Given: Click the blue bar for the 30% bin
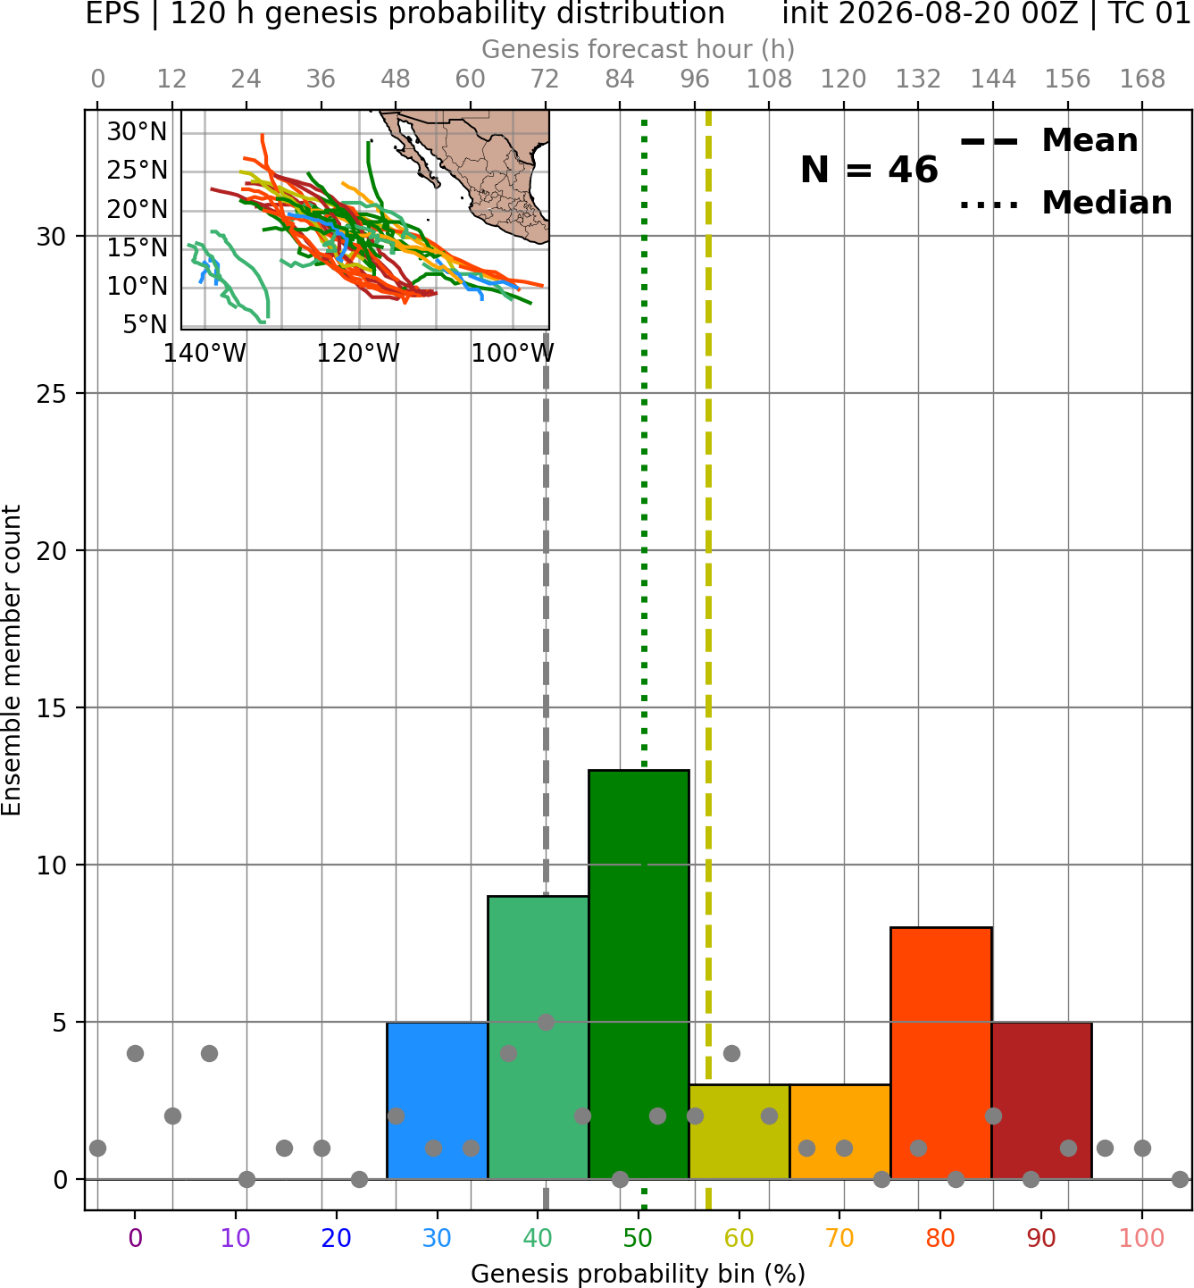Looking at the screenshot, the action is (x=437, y=1100).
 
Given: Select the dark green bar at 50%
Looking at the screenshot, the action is (x=639, y=974).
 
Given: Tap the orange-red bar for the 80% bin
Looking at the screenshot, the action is (x=941, y=1052).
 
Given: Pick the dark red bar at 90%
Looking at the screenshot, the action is (x=1041, y=1100).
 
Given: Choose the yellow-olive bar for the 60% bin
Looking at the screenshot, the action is (x=739, y=1131).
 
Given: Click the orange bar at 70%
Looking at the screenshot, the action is (x=839, y=1131).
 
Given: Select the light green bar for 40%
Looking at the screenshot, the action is (x=539, y=1037).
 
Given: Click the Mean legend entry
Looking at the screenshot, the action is (x=1048, y=141).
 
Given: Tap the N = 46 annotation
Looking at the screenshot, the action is (x=869, y=170).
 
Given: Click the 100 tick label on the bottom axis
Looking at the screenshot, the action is (x=1142, y=1238).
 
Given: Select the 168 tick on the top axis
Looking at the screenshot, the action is (x=1142, y=79).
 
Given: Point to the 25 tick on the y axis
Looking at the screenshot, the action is (x=52, y=394).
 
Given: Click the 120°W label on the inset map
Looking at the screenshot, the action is (x=358, y=354).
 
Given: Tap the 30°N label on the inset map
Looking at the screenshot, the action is (x=138, y=131).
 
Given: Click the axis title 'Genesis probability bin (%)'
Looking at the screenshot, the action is (x=639, y=1274).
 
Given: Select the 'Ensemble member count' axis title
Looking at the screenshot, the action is (x=11, y=660).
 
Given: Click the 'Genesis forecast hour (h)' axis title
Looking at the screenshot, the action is (x=639, y=49).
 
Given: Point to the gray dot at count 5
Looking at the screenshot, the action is (x=546, y=1022).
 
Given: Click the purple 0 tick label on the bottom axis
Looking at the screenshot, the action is (x=135, y=1238).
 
